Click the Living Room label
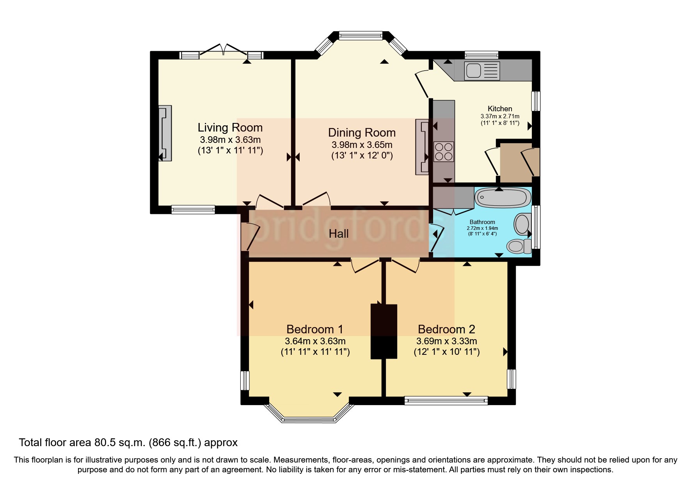(x=230, y=128)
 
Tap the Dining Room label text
(x=362, y=133)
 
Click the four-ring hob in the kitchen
(x=444, y=151)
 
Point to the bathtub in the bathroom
(x=502, y=198)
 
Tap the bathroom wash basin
(x=522, y=224)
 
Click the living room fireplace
(x=165, y=133)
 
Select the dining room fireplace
(x=422, y=147)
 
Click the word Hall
(x=338, y=234)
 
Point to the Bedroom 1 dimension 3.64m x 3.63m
(x=315, y=341)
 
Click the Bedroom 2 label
(x=446, y=329)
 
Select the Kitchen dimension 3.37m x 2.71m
(x=500, y=116)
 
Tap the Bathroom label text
(x=482, y=222)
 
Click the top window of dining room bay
(x=361, y=36)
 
